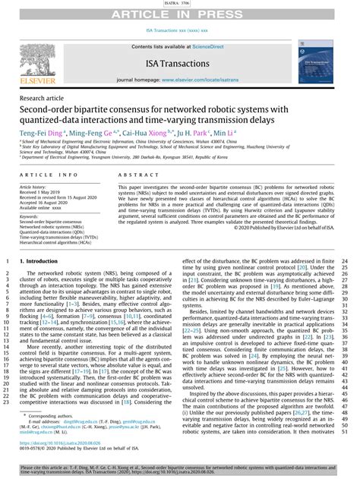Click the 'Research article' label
point(43,99)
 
